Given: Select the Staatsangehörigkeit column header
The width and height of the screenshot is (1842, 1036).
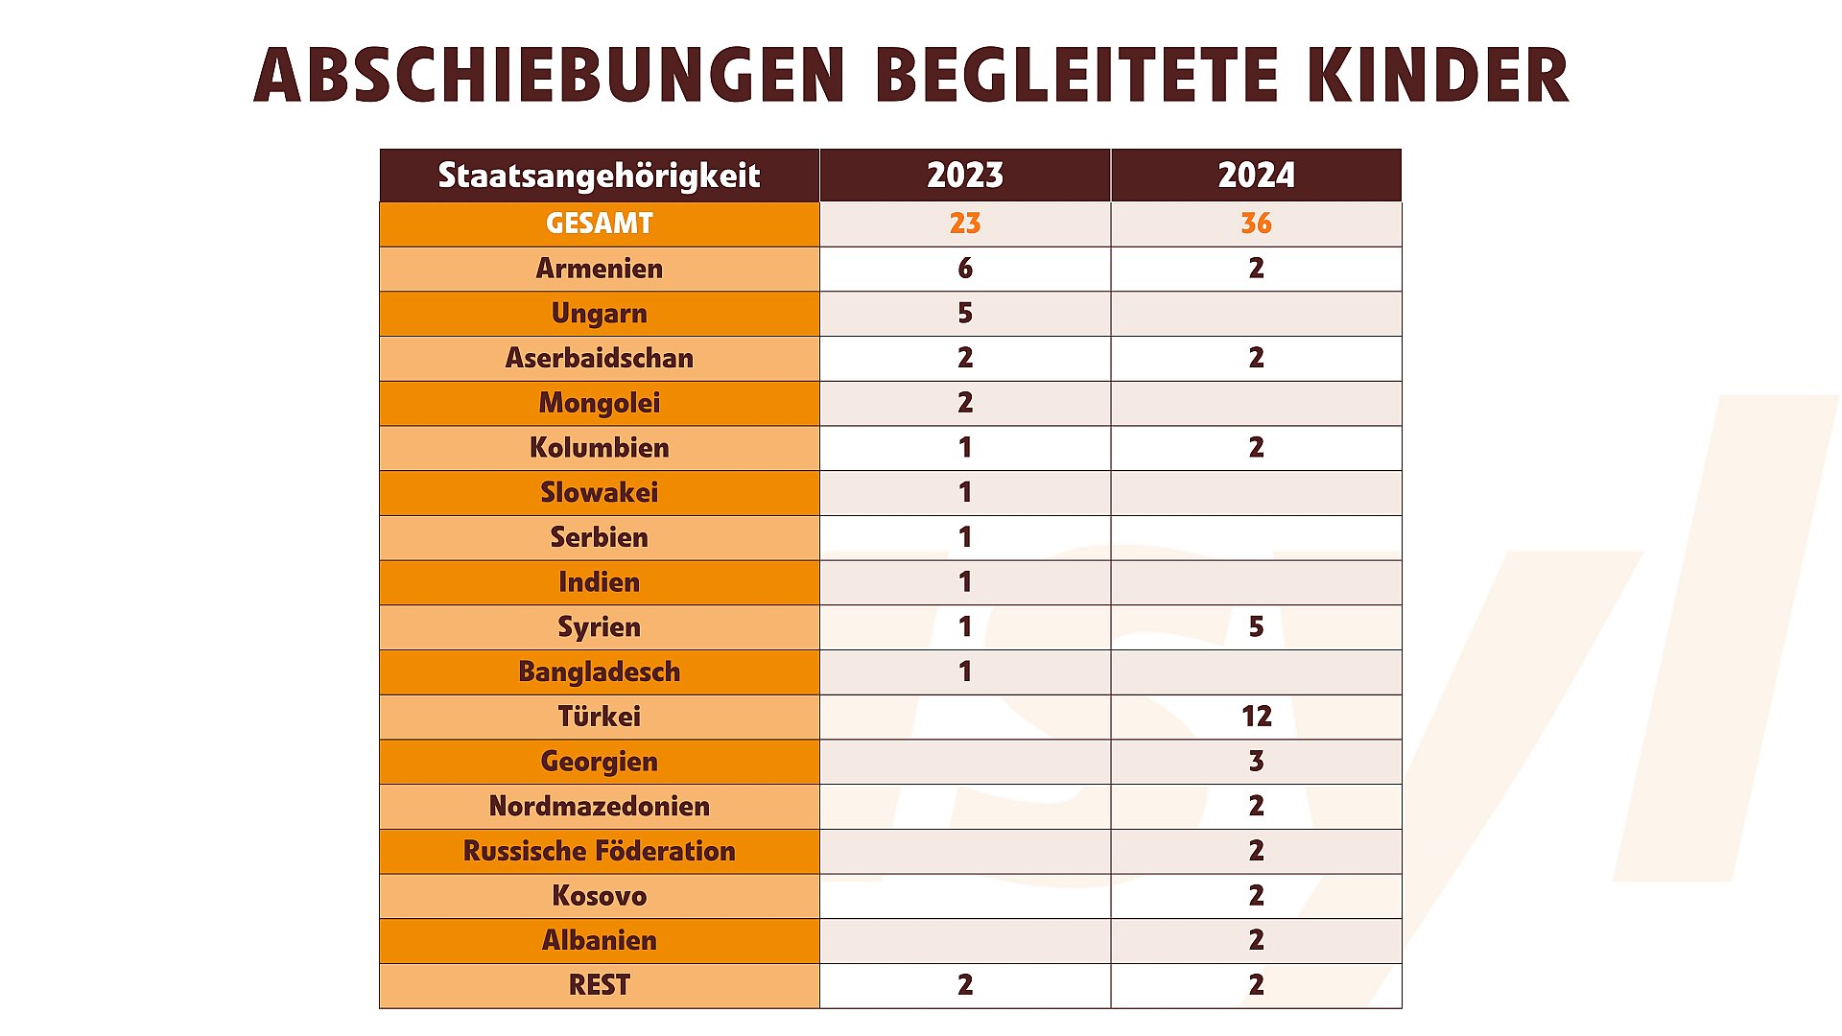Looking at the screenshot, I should [x=599, y=176].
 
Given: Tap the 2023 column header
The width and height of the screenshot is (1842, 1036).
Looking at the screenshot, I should [x=964, y=176].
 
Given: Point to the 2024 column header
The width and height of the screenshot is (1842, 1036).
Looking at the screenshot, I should [x=1256, y=176].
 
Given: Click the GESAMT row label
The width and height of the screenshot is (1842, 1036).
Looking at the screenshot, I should [x=599, y=224].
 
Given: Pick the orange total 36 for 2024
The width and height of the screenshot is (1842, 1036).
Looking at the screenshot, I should [x=1256, y=224].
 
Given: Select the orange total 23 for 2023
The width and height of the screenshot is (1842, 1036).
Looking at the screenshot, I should [x=964, y=224].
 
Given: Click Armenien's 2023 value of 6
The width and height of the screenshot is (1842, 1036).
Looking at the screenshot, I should [x=965, y=269].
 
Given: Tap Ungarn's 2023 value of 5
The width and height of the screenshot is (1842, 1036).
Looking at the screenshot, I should [x=965, y=314].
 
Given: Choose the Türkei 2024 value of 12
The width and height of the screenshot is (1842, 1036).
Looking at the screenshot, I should [x=1256, y=717].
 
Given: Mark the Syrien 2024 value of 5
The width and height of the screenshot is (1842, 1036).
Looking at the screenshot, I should [x=1256, y=627].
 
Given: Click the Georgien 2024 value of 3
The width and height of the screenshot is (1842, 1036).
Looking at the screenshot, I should [x=1256, y=762].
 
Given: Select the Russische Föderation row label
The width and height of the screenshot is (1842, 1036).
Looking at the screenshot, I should [x=599, y=851].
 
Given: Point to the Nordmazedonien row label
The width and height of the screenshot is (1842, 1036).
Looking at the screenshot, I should [x=599, y=806].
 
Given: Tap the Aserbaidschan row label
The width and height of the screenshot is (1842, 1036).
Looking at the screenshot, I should [x=599, y=358].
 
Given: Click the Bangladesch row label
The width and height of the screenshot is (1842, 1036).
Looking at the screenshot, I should [x=599, y=671].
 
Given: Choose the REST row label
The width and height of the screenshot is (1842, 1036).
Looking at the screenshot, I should [x=599, y=985].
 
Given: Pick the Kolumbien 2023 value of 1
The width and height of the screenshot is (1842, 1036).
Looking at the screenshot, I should [x=965, y=448].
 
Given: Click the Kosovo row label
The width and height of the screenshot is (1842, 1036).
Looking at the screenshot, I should [x=599, y=896].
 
